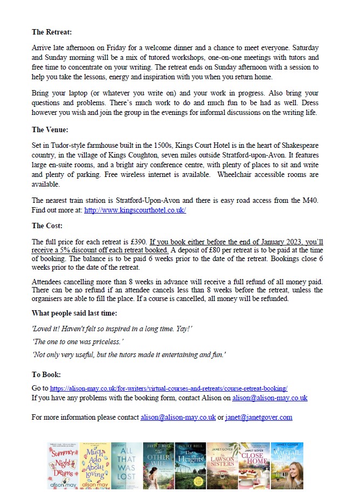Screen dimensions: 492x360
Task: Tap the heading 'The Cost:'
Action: (47, 225)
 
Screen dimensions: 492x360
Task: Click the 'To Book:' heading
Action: (46, 374)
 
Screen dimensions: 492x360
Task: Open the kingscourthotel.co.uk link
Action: (135, 210)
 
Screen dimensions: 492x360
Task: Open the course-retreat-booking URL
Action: (168, 388)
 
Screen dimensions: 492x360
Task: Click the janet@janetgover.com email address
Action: (259, 417)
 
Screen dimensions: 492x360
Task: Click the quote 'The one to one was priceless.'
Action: (78, 341)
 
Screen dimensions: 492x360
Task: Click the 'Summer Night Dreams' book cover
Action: (63, 466)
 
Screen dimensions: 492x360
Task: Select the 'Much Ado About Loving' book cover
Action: (94, 466)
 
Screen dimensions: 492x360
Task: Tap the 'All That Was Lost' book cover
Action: (126, 466)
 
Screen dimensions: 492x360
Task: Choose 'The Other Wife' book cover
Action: (158, 466)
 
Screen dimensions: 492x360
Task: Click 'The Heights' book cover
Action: (190, 466)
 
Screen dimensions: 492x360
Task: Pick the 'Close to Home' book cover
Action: (254, 466)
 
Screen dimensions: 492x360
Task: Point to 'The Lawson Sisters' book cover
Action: (222, 466)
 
